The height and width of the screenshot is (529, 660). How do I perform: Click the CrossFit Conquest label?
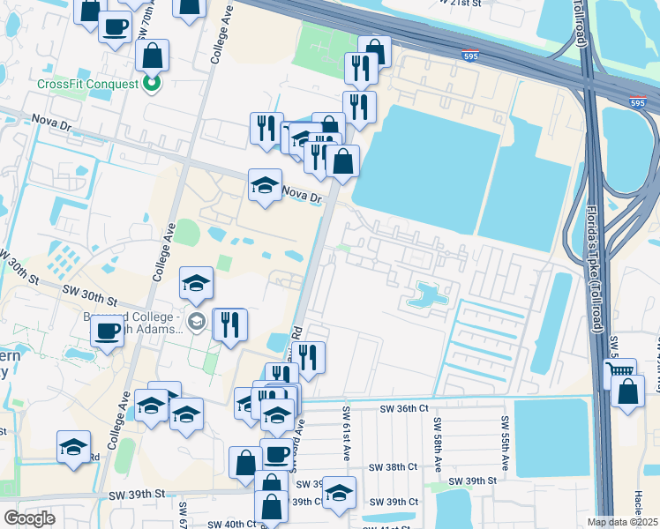click(x=87, y=85)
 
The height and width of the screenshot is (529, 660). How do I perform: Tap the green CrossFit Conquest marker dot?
click(x=152, y=85)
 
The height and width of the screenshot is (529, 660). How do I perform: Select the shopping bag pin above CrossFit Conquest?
click(x=153, y=56)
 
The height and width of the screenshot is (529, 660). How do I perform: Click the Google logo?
click(x=29, y=518)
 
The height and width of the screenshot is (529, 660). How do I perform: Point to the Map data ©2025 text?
click(x=622, y=522)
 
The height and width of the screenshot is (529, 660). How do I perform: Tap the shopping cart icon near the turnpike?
click(x=622, y=373)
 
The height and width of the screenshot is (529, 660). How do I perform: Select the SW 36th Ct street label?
click(x=403, y=409)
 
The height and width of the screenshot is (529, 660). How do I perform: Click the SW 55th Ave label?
click(x=505, y=443)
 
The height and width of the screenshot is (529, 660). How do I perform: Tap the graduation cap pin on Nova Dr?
click(x=265, y=185)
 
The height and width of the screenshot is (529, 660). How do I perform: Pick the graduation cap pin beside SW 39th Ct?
click(x=338, y=493)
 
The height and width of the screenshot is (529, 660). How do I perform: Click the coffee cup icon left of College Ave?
click(x=108, y=331)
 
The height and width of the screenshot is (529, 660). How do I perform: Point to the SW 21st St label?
click(x=469, y=4)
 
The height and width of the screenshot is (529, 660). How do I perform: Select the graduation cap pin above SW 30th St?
click(x=196, y=283)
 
